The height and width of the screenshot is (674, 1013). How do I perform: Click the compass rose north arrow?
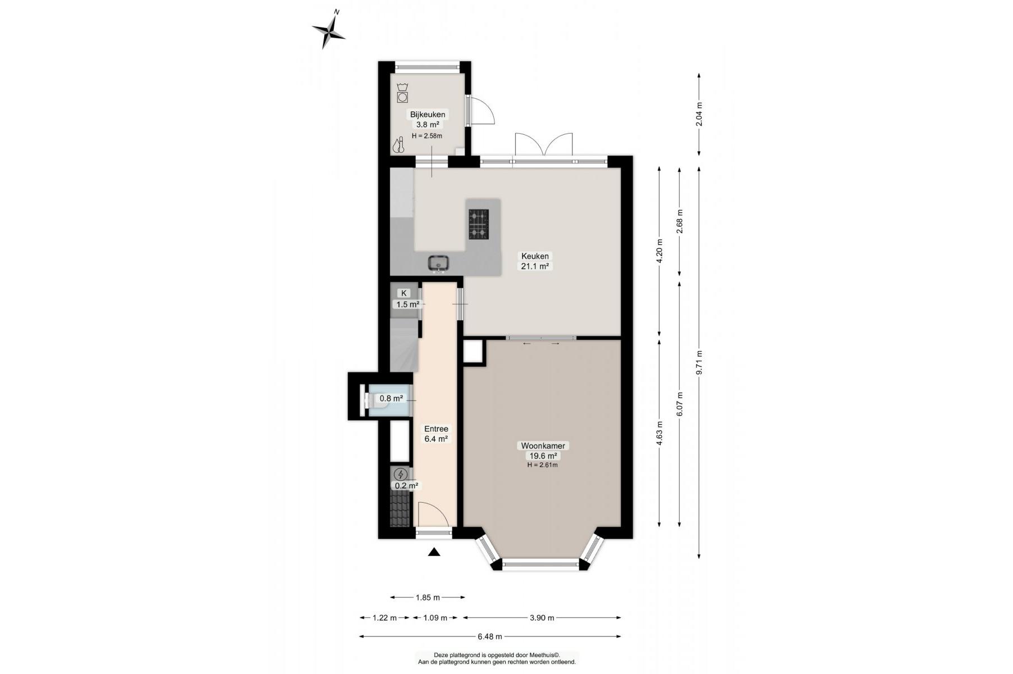pos(329,30)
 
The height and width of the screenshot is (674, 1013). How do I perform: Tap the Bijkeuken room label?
pos(428,115)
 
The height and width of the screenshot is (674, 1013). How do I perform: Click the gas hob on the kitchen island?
pos(479,225)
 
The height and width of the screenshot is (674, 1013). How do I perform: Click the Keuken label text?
pos(535,256)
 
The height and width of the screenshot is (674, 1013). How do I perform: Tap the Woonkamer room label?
pos(542,446)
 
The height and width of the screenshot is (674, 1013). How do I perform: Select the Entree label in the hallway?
pos(436,429)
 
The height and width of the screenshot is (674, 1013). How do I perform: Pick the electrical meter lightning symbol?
pos(401,475)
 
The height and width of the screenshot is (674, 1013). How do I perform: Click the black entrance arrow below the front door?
pos(434,552)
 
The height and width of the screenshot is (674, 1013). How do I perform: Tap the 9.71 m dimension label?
pos(699,363)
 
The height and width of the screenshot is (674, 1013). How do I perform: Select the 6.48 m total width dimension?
pos(490,636)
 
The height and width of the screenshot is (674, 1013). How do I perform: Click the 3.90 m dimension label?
pos(542,618)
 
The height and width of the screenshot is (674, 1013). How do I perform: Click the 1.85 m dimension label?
pos(428,598)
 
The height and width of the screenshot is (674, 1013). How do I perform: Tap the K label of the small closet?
pos(403,293)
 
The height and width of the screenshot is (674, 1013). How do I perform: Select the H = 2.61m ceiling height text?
pos(542,465)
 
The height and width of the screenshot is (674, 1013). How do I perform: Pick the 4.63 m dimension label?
pos(660,433)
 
